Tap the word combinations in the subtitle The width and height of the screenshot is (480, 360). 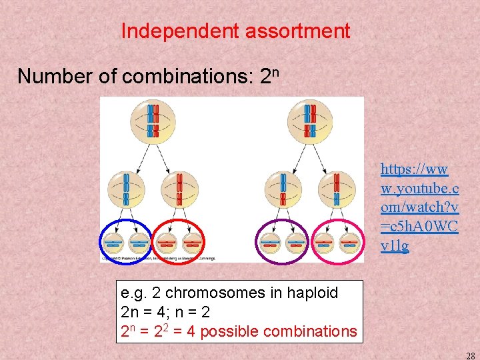click(x=185, y=77)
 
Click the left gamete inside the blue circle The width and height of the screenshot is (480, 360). click(x=112, y=243)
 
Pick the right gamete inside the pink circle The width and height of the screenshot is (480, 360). click(x=349, y=243)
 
